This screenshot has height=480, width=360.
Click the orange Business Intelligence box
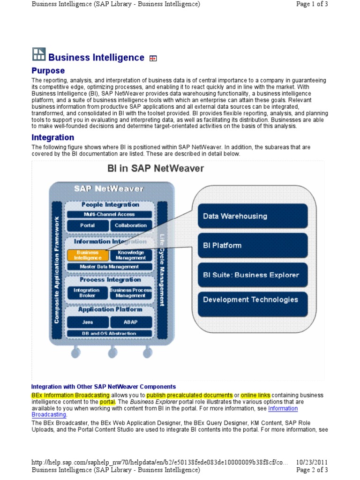point(88,255)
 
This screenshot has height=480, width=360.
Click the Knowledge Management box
point(131,255)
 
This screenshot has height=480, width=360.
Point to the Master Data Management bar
point(109,267)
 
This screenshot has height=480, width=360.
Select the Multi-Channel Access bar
point(109,214)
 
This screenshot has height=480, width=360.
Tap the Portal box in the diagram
point(88,225)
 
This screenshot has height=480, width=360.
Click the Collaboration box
point(131,225)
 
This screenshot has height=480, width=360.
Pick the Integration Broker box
point(87,293)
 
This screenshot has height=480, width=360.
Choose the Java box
point(88,322)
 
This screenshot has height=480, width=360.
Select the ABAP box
point(131,322)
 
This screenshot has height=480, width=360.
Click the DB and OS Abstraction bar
point(109,334)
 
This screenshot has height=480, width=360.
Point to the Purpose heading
point(48,71)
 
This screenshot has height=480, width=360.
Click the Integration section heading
point(53,137)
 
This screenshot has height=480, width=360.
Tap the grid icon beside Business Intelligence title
point(38,54)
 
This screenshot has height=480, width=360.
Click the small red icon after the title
point(153,58)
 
